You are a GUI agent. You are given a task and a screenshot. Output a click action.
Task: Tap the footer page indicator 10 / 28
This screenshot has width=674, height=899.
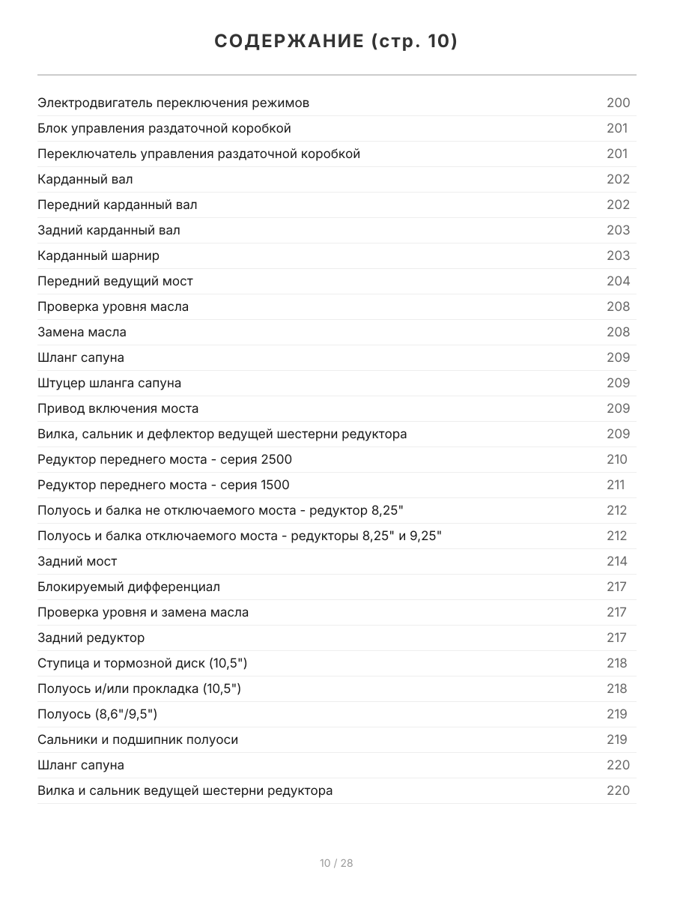pyautogui.click(x=336, y=863)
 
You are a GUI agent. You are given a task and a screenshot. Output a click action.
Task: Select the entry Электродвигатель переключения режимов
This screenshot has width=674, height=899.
pyautogui.click(x=173, y=103)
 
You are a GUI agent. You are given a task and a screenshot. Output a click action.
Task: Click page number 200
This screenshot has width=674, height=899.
pyautogui.click(x=618, y=103)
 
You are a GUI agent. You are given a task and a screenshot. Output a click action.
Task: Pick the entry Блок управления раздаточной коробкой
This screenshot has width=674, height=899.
pyautogui.click(x=164, y=128)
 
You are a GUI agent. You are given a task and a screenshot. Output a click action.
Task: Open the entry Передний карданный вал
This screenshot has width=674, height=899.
pyautogui.click(x=118, y=205)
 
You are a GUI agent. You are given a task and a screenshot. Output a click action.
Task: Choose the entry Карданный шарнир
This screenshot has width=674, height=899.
pyautogui.click(x=98, y=255)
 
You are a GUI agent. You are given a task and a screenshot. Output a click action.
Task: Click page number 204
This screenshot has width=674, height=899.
pyautogui.click(x=618, y=281)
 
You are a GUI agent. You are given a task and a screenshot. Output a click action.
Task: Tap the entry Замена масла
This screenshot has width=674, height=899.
pyautogui.click(x=82, y=332)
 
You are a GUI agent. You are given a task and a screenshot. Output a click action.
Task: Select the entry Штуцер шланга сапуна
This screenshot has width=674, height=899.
pyautogui.click(x=109, y=383)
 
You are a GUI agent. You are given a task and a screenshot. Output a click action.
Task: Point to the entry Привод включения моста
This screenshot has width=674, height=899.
pyautogui.click(x=118, y=408)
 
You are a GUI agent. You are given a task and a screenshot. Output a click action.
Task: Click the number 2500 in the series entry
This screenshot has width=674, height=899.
pyautogui.click(x=277, y=459)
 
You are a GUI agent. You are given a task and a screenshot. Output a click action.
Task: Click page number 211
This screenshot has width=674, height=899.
pyautogui.click(x=615, y=485)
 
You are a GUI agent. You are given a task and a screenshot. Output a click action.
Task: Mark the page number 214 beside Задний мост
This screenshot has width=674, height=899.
pyautogui.click(x=617, y=561)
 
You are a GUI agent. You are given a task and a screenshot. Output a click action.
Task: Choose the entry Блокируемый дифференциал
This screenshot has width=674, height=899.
pyautogui.click(x=129, y=587)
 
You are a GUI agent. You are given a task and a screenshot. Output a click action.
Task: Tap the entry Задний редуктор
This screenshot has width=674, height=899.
pyautogui.click(x=91, y=638)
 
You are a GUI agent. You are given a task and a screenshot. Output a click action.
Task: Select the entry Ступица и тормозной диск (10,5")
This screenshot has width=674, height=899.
pyautogui.click(x=142, y=663)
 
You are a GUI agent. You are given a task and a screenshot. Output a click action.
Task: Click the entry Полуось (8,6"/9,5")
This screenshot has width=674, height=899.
pyautogui.click(x=97, y=714)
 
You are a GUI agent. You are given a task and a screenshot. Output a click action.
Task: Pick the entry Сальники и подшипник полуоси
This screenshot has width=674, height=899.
pyautogui.click(x=138, y=739)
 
